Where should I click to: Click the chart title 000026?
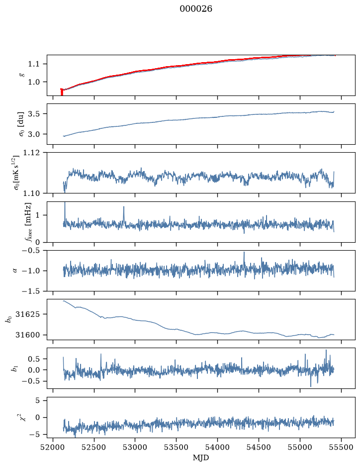click(195, 9)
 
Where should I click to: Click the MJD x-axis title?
click(201, 457)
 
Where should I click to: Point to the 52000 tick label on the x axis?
click(53, 447)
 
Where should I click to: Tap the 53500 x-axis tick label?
click(177, 447)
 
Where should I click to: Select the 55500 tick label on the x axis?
click(341, 447)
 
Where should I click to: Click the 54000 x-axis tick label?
click(217, 447)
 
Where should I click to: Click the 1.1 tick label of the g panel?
click(33, 64)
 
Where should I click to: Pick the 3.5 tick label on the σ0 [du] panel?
click(33, 114)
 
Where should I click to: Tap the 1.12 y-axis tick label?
click(31, 153)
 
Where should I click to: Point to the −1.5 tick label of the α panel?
click(30, 291)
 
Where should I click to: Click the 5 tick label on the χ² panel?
click(37, 400)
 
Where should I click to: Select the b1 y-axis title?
click(14, 369)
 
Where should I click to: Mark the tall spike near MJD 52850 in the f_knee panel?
click(124, 214)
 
